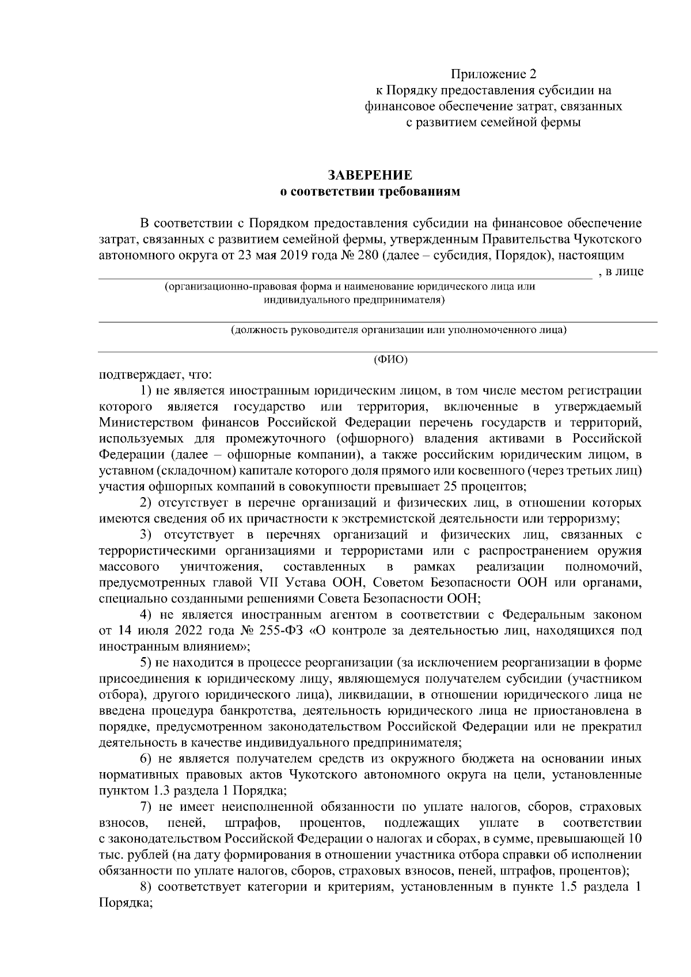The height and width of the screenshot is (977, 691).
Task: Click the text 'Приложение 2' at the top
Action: pyautogui.click(x=493, y=74)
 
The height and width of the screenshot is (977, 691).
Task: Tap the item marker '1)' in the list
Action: pyautogui.click(x=146, y=391)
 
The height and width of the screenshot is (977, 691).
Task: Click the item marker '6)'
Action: pyautogui.click(x=146, y=758)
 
